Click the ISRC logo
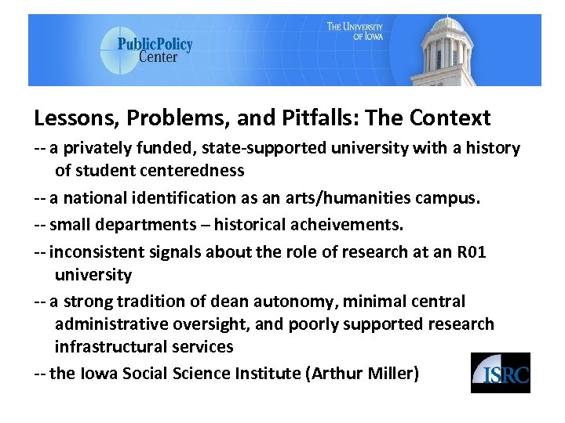tap(500, 372)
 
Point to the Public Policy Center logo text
tap(155, 50)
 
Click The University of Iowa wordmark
tap(355, 31)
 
